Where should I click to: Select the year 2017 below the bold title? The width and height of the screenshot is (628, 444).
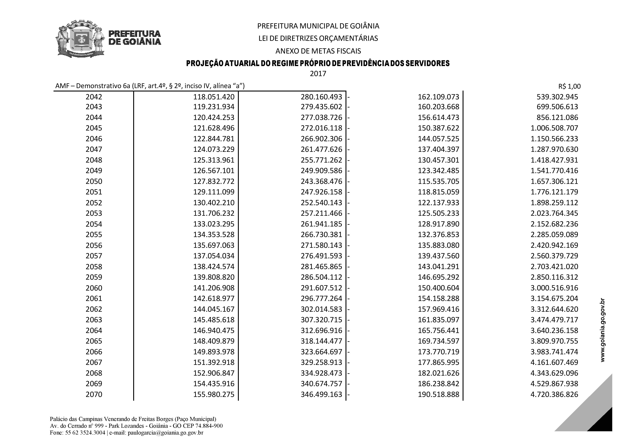(318, 74)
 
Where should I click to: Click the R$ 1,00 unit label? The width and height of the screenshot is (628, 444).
(569, 86)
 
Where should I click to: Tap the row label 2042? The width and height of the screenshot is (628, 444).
(94, 97)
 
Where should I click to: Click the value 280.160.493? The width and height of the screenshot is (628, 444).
(321, 97)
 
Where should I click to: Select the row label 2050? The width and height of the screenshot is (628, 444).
(94, 181)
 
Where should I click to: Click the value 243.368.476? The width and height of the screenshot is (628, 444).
(321, 181)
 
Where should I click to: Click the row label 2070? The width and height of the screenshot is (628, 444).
(94, 394)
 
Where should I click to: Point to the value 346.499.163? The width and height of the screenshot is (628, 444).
(321, 394)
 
